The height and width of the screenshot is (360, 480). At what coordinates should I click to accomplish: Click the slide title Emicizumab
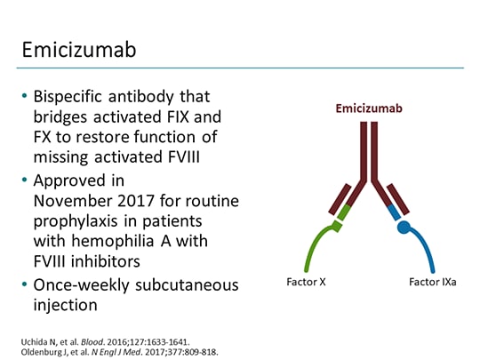click(x=79, y=50)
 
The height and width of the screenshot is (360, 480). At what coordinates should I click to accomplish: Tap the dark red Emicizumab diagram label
click(x=368, y=108)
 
